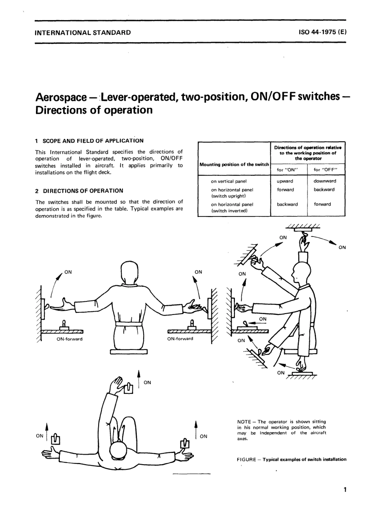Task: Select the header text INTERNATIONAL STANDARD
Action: coord(83,32)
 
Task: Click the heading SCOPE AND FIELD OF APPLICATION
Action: coord(93,141)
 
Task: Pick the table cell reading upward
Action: coord(285,181)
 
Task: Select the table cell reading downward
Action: coord(325,181)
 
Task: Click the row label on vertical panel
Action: coord(229,181)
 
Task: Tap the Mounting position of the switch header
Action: coord(234,164)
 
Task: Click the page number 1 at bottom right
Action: coord(344,490)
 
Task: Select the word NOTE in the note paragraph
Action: coord(244,422)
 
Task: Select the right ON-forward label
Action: coord(180,339)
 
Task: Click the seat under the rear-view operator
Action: coord(129,351)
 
